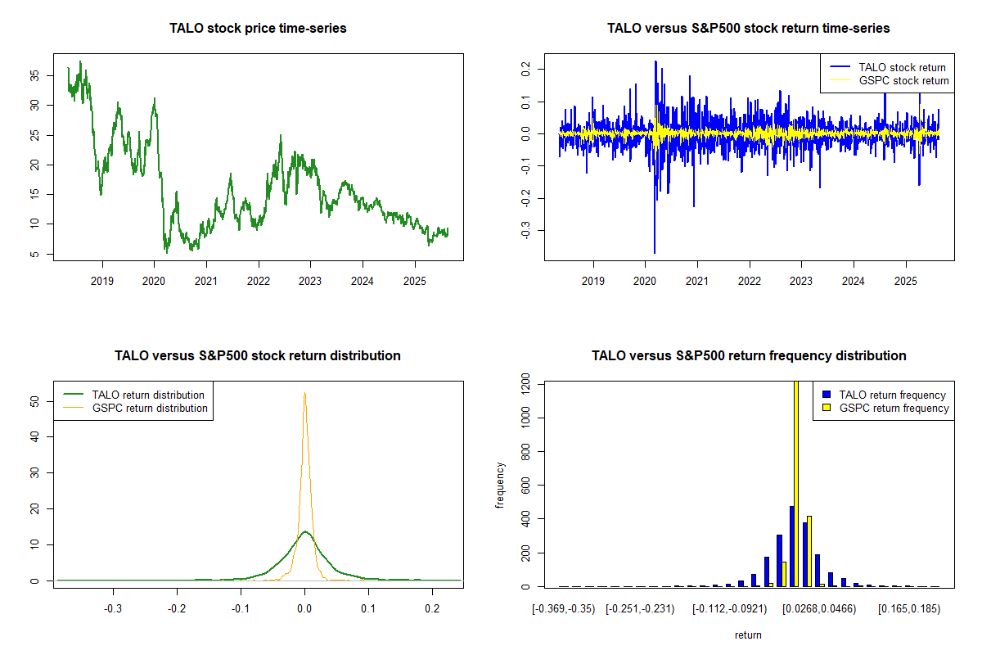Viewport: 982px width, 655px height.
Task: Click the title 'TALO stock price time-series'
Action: tap(258, 29)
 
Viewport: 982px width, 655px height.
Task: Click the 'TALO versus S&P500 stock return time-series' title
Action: tap(749, 29)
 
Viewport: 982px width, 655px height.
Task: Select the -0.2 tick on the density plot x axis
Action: tap(177, 610)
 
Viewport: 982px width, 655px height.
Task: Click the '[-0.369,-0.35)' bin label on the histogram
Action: tap(559, 610)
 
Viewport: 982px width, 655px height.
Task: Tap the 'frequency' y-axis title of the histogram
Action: tap(501, 485)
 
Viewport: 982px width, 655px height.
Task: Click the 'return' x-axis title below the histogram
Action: tap(748, 635)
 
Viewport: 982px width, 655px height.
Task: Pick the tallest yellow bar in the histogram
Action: tap(796, 483)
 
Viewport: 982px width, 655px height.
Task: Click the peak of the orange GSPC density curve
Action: tap(304, 393)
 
